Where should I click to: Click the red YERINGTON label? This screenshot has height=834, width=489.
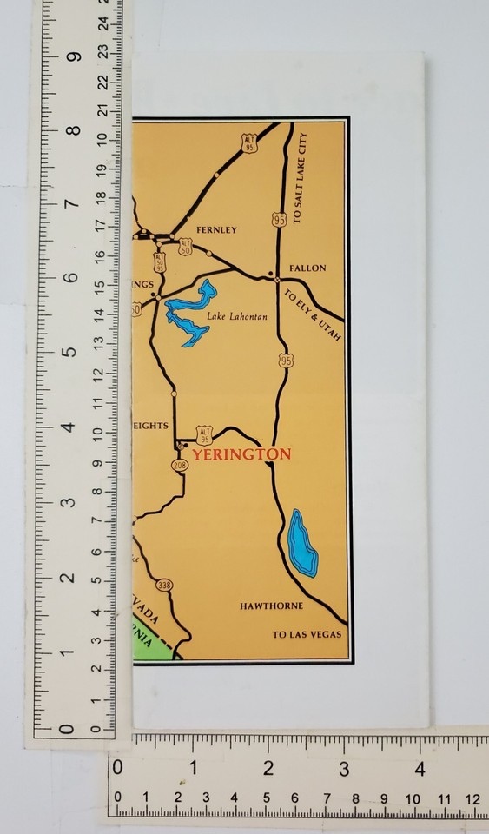(x=241, y=453)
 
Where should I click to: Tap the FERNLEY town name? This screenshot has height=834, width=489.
(x=216, y=230)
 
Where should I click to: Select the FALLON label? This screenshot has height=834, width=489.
(x=307, y=268)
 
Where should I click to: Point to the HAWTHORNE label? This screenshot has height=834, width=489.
(x=271, y=606)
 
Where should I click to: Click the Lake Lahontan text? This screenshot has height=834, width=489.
(x=236, y=317)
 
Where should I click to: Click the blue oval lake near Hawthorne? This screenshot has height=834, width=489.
(x=302, y=543)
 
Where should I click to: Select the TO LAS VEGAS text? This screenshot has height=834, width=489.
(x=307, y=635)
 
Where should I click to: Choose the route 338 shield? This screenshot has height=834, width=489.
(x=165, y=585)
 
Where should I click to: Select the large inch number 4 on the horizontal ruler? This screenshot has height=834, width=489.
(x=420, y=770)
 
